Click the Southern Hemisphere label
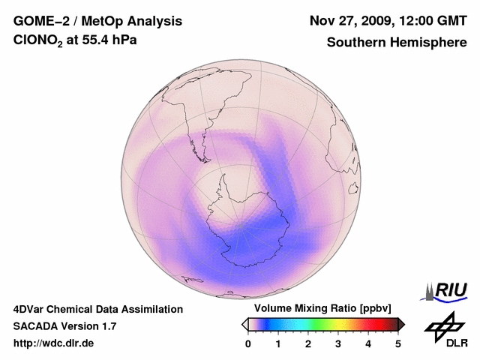[397, 43]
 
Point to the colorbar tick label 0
[248, 343]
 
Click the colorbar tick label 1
[278, 343]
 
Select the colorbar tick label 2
[308, 343]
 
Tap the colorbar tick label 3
[338, 343]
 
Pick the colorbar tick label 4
[368, 343]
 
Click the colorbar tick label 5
[398, 343]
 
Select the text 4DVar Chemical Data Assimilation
[97, 309]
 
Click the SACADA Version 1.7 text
[64, 326]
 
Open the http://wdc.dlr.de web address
[54, 343]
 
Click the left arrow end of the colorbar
[244, 324]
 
